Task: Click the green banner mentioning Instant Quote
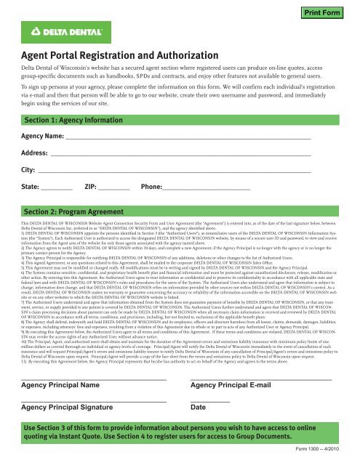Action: click(x=178, y=434)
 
